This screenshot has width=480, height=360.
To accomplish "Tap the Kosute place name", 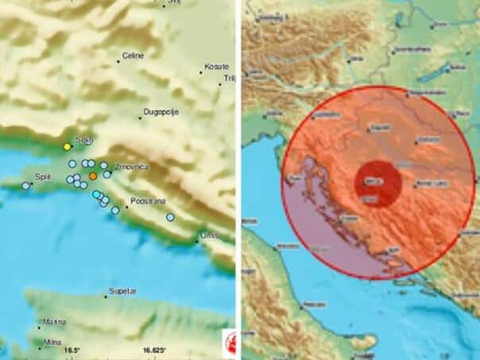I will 216,66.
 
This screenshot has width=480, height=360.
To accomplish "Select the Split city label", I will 45,178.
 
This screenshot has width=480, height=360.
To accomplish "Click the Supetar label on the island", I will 123,291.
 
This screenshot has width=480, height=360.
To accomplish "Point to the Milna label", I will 52,342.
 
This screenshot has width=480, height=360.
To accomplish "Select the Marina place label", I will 54,323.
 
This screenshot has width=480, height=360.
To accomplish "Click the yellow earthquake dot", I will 68,146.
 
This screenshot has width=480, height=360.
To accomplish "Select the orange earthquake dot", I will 93,176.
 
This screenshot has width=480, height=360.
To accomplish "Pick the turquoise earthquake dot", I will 96,195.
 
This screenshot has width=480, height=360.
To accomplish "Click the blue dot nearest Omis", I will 170,217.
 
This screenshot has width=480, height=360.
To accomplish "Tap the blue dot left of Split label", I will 25,186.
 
